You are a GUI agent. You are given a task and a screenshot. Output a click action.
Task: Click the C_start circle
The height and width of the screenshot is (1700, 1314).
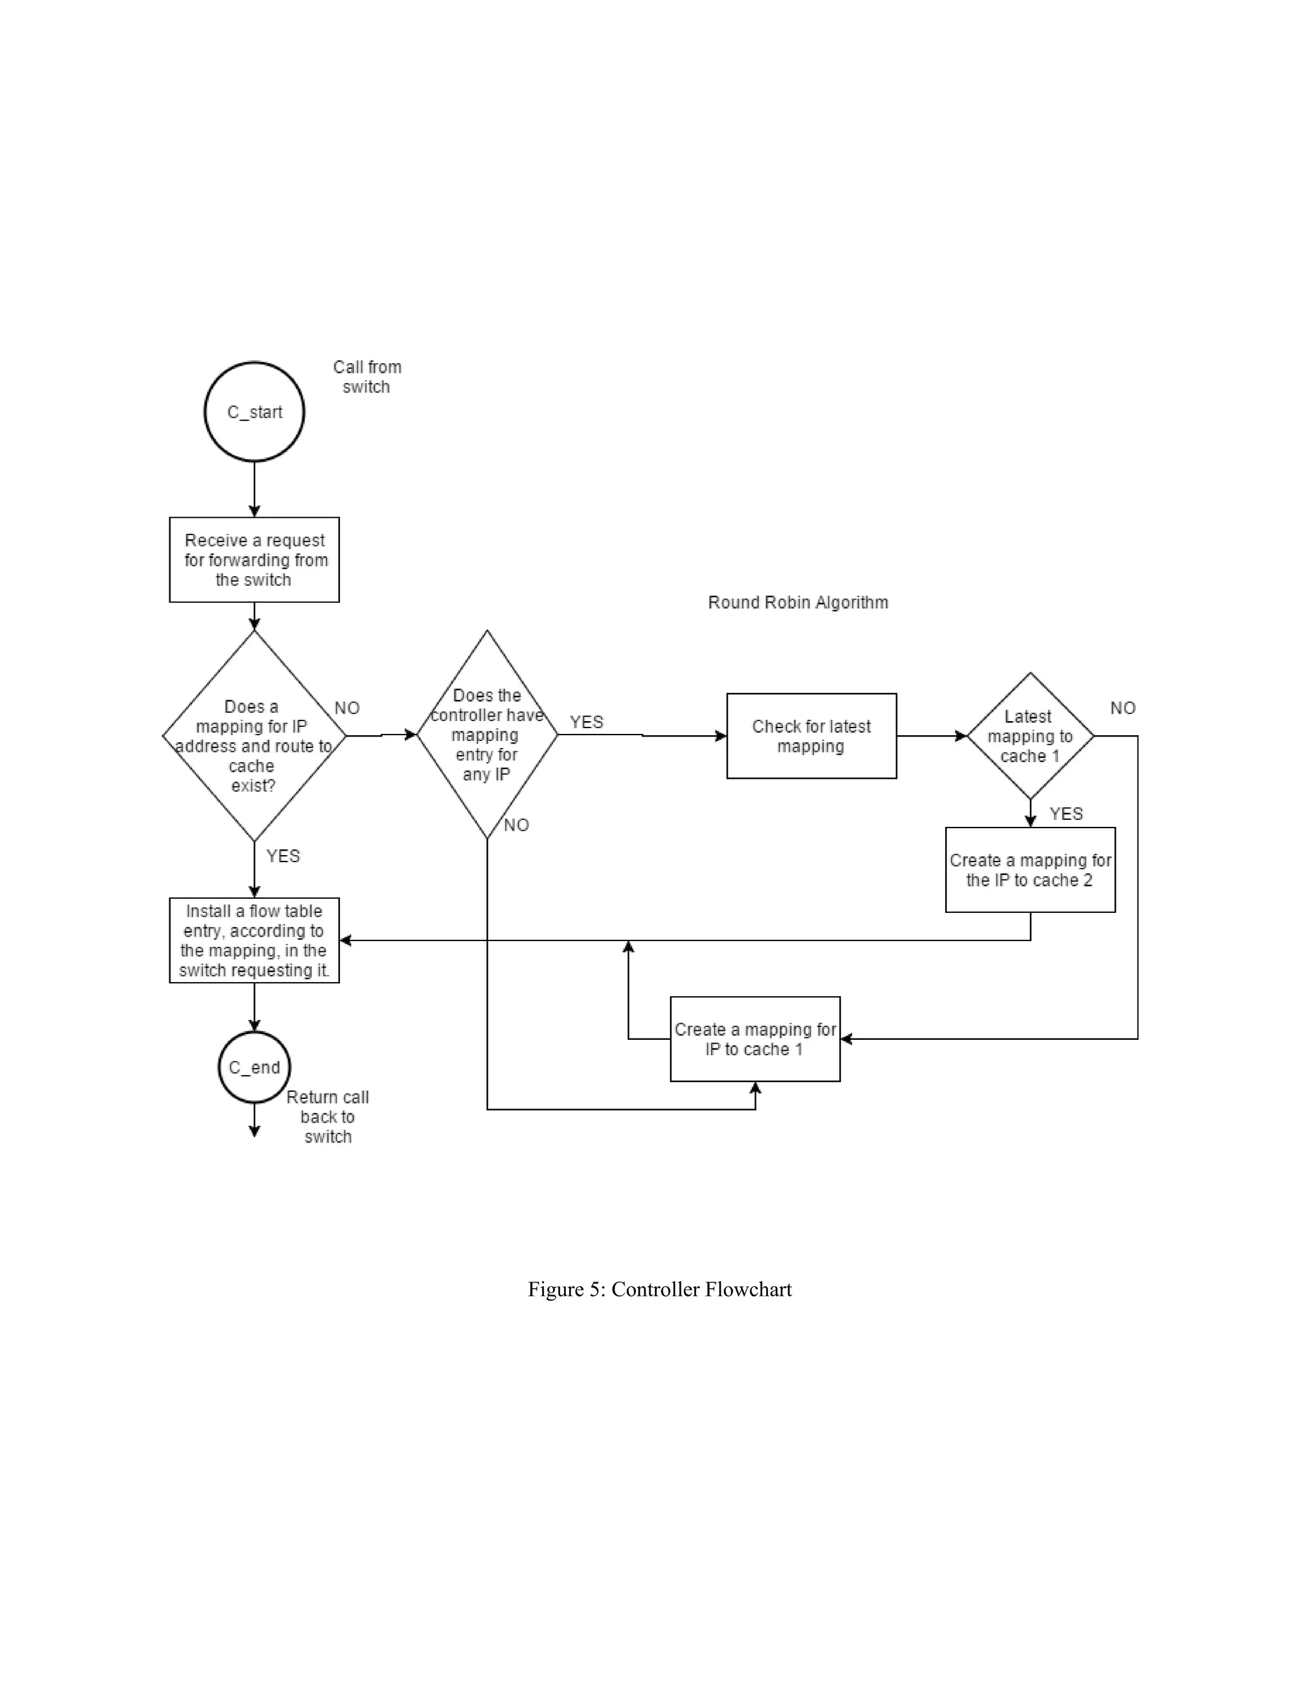coord(254,412)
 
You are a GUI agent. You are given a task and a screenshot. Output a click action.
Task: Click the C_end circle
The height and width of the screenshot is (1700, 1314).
coord(254,1067)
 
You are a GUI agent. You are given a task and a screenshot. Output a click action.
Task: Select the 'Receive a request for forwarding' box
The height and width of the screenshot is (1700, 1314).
coord(254,559)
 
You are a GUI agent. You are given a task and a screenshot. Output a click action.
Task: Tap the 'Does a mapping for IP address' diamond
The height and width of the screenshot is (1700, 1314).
coord(254,736)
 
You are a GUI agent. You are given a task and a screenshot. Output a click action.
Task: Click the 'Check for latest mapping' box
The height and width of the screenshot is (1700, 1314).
coord(811,736)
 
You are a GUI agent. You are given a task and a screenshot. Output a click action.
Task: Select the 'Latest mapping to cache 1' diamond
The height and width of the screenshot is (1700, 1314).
coord(1030,736)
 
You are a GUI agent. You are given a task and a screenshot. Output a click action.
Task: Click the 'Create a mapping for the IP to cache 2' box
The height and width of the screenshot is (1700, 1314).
coord(1030,869)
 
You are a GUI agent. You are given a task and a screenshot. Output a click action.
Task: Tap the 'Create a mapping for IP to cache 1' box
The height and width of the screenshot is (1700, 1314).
coord(755,1039)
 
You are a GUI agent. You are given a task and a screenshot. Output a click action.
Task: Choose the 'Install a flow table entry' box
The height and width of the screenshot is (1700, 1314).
coord(254,940)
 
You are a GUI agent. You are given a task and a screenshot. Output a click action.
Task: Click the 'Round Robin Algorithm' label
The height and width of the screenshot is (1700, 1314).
coord(798,602)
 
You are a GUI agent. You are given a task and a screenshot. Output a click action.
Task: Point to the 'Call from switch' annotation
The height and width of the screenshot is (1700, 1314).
coord(366,377)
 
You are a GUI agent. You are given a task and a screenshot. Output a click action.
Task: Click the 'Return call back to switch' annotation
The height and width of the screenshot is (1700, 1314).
coord(328,1116)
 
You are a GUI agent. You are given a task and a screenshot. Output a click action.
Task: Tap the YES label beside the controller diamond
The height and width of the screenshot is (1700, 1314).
coord(586,722)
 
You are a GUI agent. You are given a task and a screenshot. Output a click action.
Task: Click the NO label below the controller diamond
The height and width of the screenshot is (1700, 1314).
coord(516,825)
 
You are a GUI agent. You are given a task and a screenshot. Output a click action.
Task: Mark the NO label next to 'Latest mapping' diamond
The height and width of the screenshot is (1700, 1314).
coord(1123,708)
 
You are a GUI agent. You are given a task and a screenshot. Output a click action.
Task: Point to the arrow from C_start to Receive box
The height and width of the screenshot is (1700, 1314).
coord(254,489)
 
